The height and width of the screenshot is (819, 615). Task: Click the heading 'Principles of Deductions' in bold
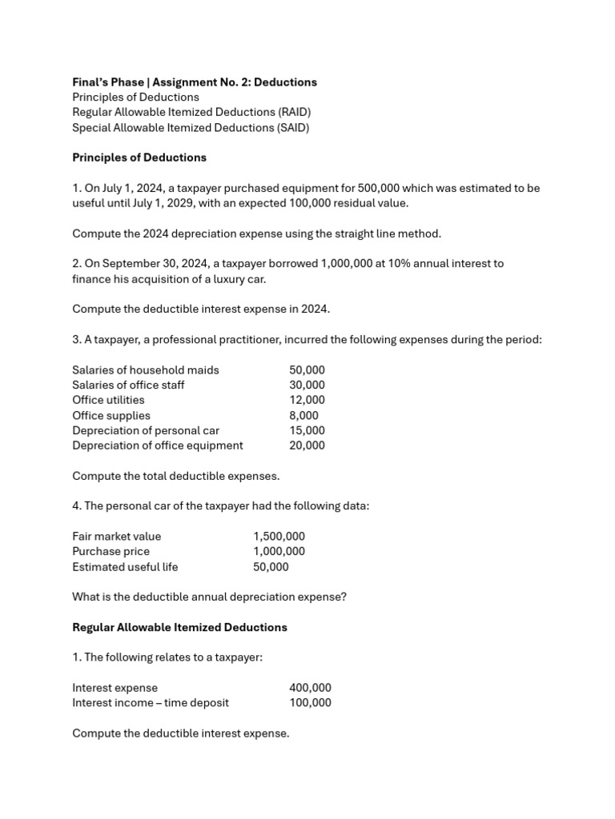pos(139,158)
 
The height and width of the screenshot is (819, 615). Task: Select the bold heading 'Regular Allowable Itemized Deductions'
pos(179,627)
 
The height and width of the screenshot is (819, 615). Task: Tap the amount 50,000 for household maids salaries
pos(307,370)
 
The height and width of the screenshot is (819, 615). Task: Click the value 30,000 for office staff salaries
pos(307,385)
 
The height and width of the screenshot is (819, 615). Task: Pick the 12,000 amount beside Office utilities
pos(307,400)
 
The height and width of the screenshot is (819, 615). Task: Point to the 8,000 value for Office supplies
pos(303,415)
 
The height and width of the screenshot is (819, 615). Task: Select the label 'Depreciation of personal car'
pos(145,430)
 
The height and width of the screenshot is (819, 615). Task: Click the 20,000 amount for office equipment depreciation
pos(307,445)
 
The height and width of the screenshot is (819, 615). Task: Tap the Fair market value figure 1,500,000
pos(279,536)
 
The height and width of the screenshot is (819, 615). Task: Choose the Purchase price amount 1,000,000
pos(279,551)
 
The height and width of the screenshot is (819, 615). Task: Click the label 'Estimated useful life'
pos(125,566)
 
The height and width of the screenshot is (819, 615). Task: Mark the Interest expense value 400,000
pos(310,688)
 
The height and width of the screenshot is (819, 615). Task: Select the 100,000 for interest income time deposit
pos(310,703)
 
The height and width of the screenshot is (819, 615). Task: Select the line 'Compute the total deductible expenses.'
pos(175,476)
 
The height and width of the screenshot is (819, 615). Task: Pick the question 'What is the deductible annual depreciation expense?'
pos(209,597)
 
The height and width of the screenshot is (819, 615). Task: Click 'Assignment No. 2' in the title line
pos(199,82)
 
